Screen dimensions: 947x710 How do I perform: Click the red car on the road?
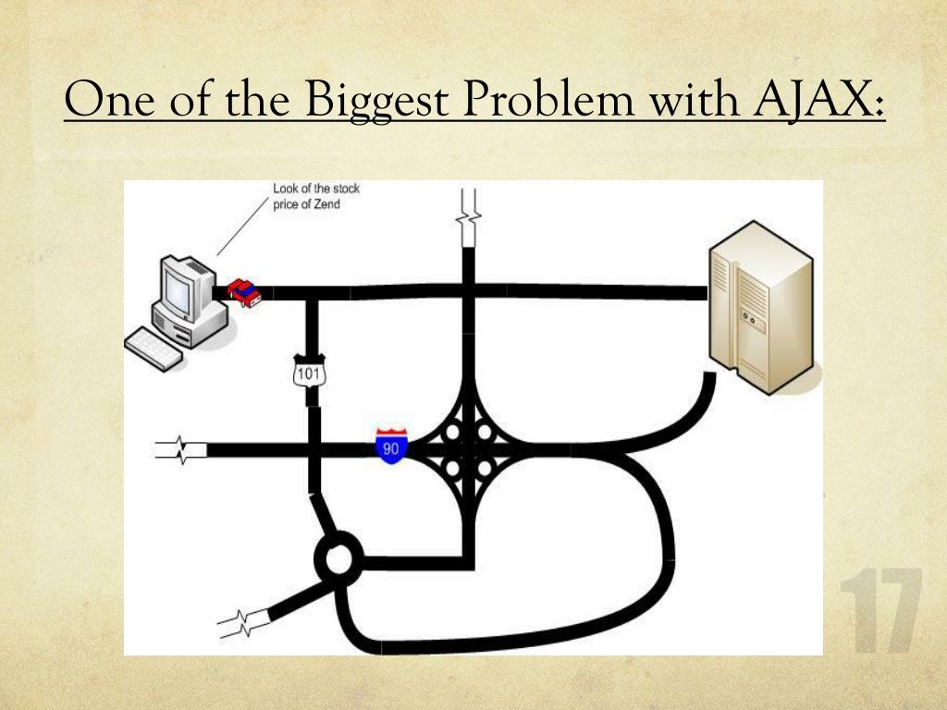(x=244, y=292)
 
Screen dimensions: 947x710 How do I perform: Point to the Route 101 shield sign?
(x=306, y=372)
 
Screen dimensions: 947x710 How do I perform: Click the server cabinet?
(x=761, y=305)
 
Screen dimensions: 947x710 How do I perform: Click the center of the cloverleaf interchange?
(x=468, y=450)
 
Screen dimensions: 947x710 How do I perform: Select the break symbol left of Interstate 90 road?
(x=181, y=451)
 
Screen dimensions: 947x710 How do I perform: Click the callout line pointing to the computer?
(x=243, y=223)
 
